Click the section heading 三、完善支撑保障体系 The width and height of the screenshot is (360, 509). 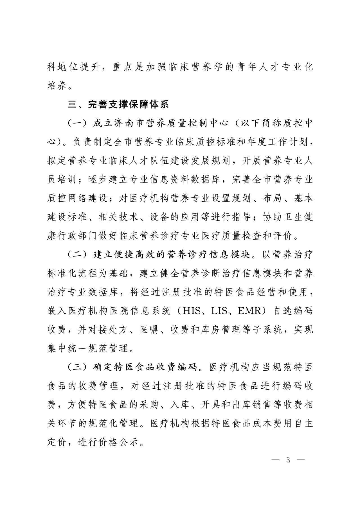click(x=118, y=105)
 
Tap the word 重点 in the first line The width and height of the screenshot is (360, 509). click(x=123, y=67)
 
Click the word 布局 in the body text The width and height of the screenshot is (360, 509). click(x=272, y=199)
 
